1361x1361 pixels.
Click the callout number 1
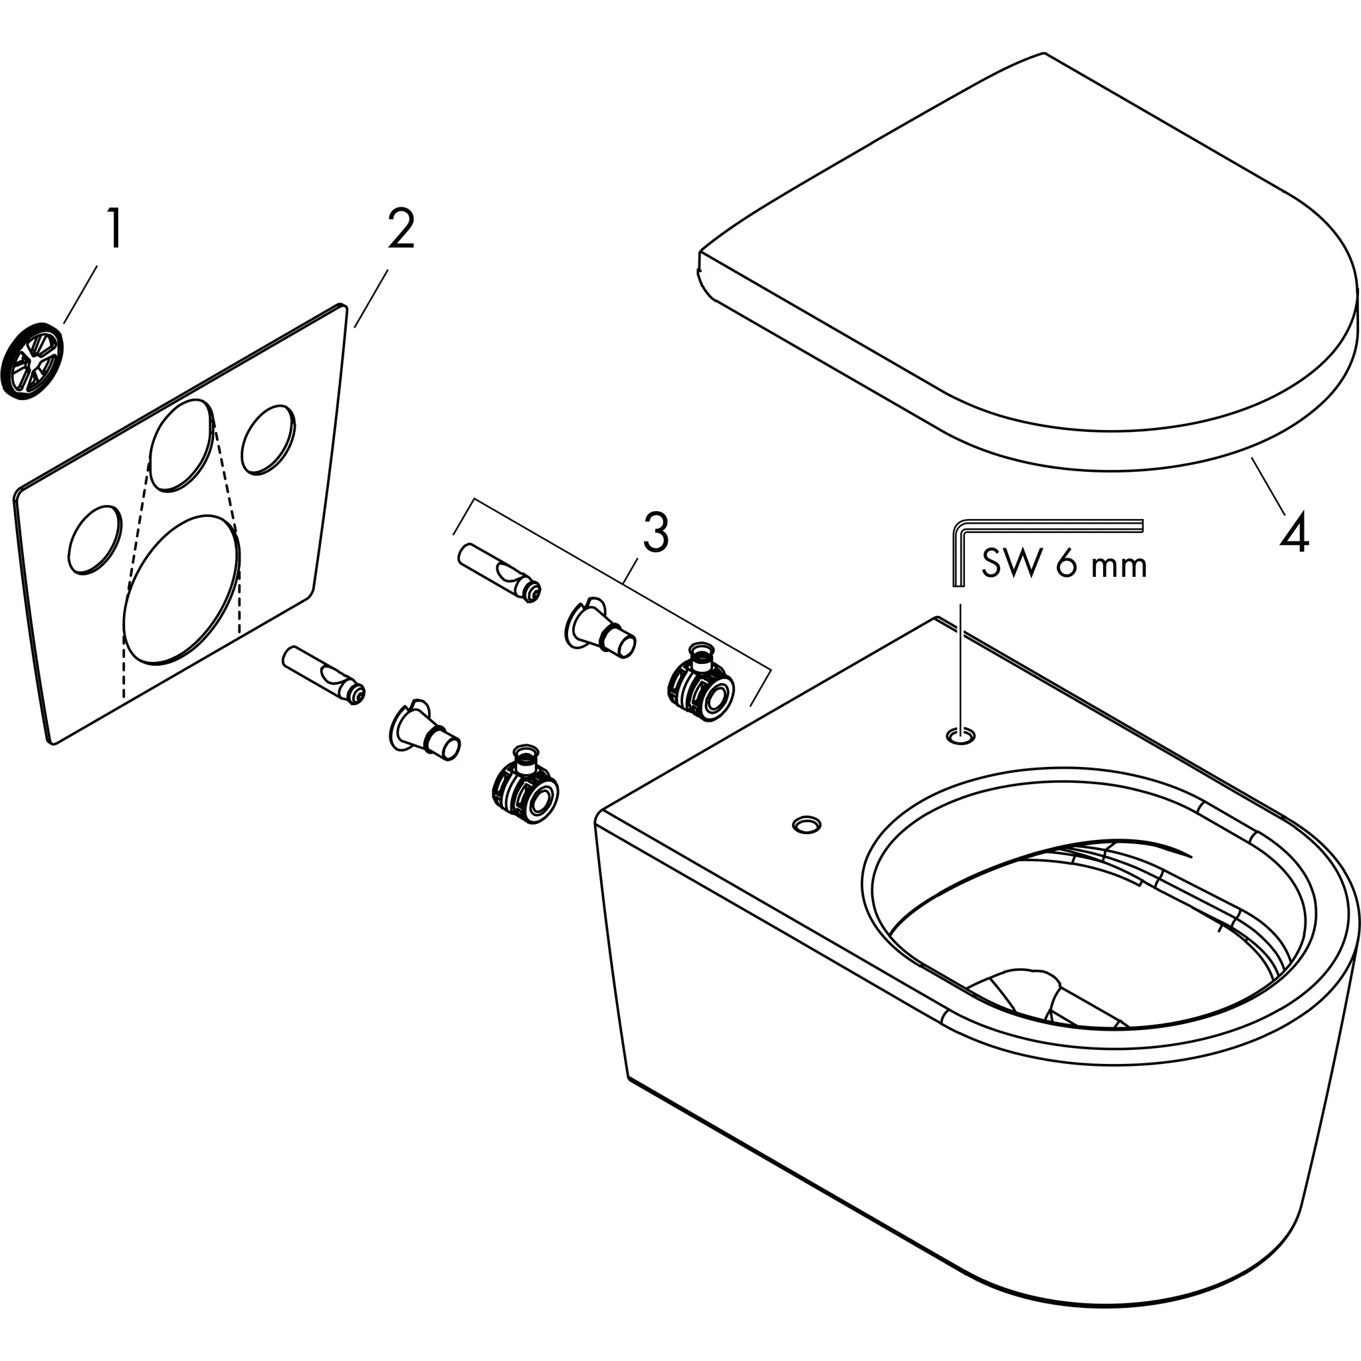click(114, 227)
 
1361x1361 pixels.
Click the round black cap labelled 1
click(33, 362)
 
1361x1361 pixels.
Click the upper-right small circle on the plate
click(268, 439)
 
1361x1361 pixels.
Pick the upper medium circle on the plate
click(181, 445)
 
